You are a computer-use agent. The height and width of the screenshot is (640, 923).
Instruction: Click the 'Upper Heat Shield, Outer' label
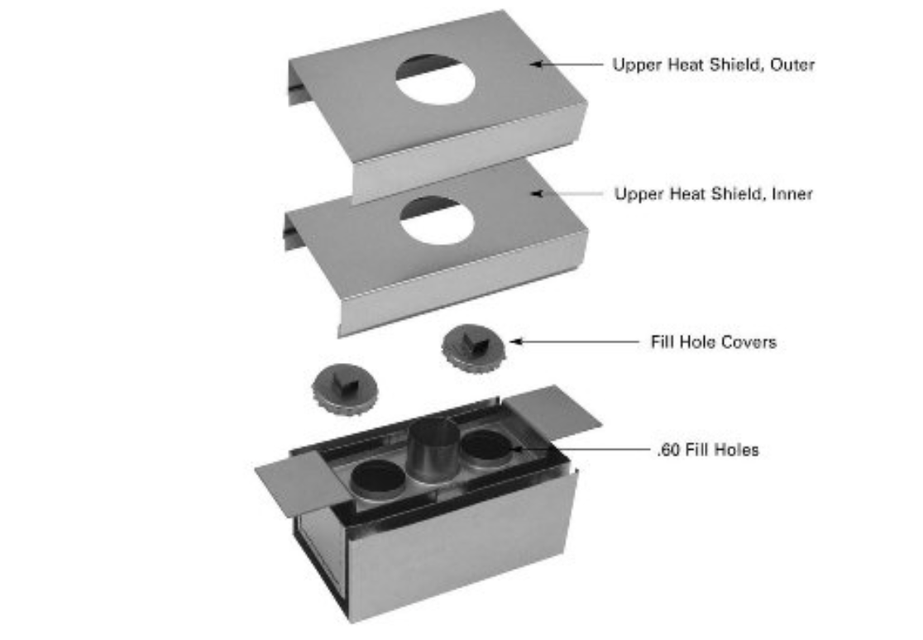[x=714, y=64]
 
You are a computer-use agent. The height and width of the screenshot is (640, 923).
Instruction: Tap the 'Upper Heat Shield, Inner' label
[x=714, y=193]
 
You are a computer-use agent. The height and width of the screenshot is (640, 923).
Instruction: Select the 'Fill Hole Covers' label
[x=714, y=342]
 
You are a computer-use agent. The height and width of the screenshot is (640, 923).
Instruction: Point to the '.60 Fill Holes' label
[x=708, y=450]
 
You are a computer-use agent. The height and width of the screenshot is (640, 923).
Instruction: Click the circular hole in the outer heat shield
[x=435, y=79]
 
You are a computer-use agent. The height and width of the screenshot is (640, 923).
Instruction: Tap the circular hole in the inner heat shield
[x=436, y=220]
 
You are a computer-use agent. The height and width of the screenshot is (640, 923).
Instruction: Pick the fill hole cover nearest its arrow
[x=473, y=347]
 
